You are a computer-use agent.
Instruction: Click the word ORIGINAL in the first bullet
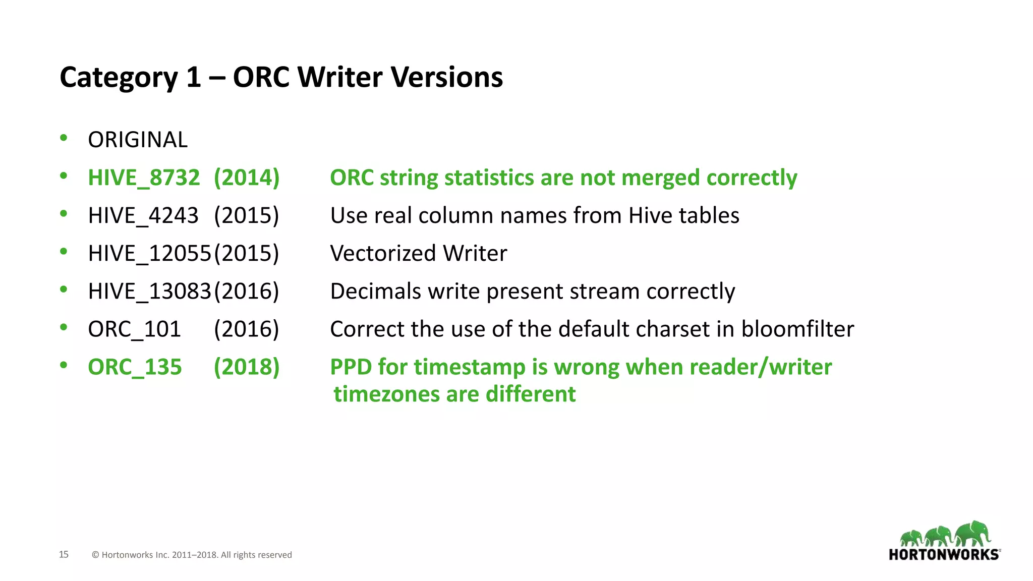pyautogui.click(x=138, y=140)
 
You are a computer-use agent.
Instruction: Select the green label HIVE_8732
pyautogui.click(x=144, y=178)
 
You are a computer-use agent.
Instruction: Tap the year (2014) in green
pyautogui.click(x=246, y=178)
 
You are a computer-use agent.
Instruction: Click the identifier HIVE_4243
pyautogui.click(x=143, y=215)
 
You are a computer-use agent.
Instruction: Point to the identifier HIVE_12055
pyautogui.click(x=149, y=253)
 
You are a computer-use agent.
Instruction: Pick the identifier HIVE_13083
pyautogui.click(x=149, y=291)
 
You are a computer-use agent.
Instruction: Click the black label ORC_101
pyautogui.click(x=134, y=329)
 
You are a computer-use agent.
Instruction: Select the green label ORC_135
pyautogui.click(x=135, y=367)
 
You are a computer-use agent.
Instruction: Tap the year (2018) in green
pyautogui.click(x=246, y=367)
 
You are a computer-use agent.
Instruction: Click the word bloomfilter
pyautogui.click(x=797, y=329)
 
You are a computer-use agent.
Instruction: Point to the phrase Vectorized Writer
pyautogui.click(x=418, y=253)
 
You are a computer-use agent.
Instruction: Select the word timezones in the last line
pyautogui.click(x=387, y=394)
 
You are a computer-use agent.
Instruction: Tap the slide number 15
pyautogui.click(x=64, y=554)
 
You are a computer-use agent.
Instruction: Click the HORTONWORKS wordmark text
pyautogui.click(x=944, y=555)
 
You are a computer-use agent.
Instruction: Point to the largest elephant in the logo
pyautogui.click(x=973, y=533)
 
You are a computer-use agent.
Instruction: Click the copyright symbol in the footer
pyautogui.click(x=95, y=555)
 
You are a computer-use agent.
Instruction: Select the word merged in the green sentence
pyautogui.click(x=660, y=178)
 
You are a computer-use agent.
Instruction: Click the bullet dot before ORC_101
pyautogui.click(x=64, y=327)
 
